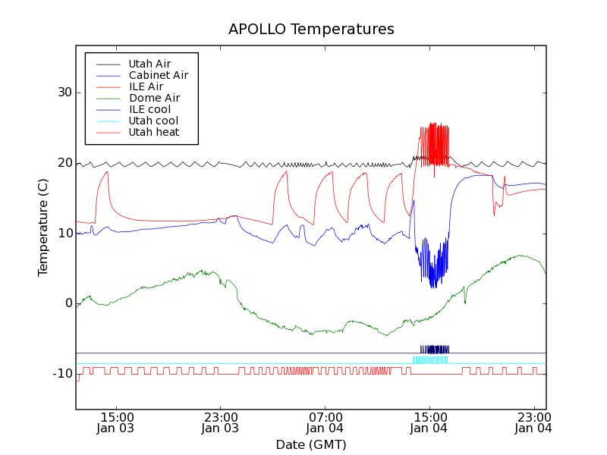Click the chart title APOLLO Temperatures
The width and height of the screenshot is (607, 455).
point(311,30)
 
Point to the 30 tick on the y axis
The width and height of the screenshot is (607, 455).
point(63,93)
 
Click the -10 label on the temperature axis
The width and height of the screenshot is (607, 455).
point(61,374)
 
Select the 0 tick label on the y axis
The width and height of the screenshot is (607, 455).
point(68,303)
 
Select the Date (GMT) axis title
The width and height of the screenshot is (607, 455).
point(311,444)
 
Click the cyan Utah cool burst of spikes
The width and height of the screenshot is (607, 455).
point(430,360)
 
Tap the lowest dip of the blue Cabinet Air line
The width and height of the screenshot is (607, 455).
point(432,287)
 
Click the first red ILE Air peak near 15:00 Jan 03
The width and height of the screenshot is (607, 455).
point(107,172)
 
